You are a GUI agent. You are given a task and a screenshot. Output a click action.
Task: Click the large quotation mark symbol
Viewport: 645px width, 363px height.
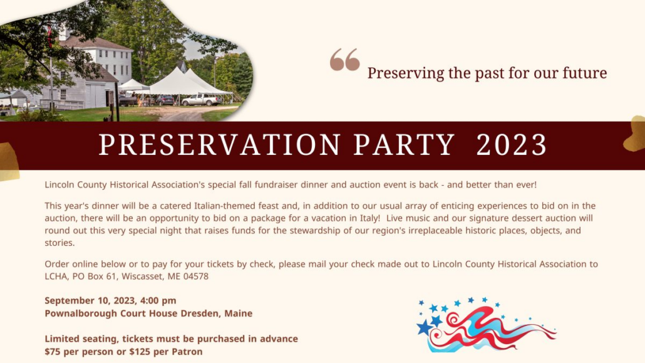coord(344,60)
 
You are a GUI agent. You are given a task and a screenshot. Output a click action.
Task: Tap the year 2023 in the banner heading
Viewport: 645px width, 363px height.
coord(512,145)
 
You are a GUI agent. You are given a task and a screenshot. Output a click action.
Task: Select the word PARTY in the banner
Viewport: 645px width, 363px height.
coord(403,145)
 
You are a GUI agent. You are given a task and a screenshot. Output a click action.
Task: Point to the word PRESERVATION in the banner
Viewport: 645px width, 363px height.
coord(220,145)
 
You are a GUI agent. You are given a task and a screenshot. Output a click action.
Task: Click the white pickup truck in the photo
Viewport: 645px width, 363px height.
coord(202,100)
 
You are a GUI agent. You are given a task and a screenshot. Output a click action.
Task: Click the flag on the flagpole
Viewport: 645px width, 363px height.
coord(49,36)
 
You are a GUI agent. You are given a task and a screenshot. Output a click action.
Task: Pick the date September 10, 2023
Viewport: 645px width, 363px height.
coord(90,301)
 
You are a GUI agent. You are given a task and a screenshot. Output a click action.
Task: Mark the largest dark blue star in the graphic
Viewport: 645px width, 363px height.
coord(424,327)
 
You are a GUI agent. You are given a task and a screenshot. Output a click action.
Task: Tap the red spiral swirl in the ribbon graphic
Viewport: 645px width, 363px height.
coord(453,319)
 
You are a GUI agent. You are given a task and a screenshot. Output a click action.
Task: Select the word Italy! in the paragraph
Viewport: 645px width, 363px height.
coord(371,218)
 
